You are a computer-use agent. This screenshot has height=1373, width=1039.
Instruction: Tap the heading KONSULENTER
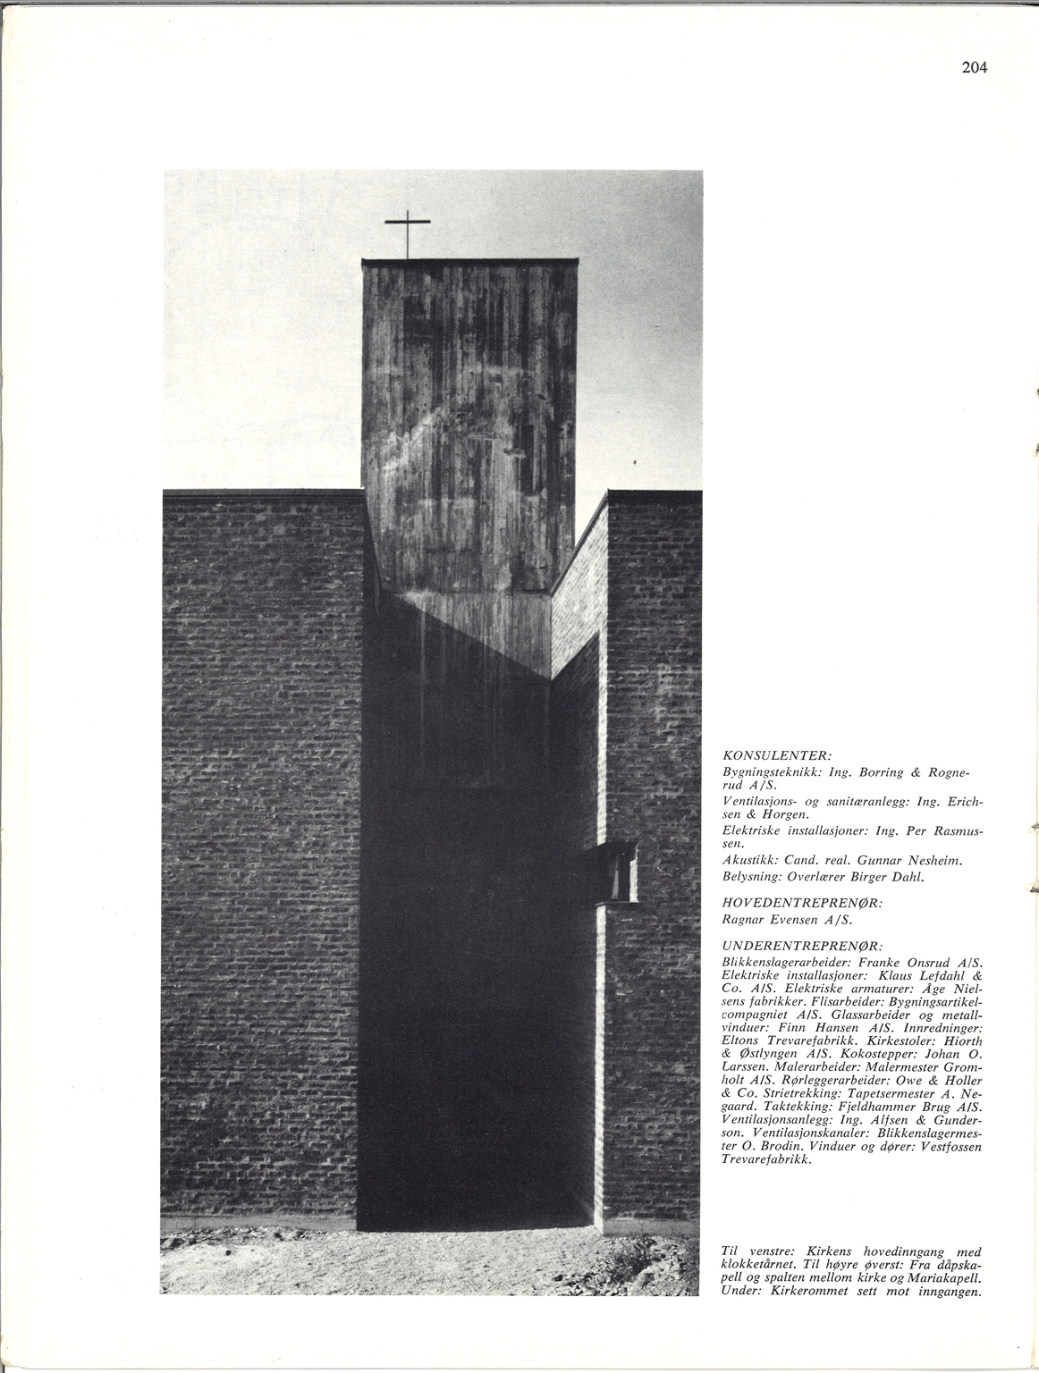777,754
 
